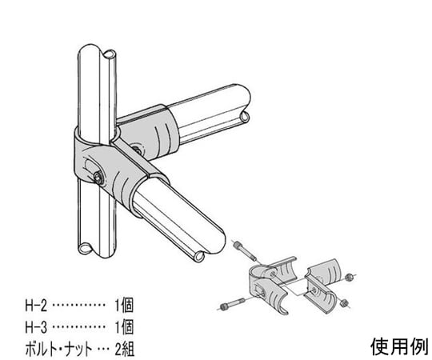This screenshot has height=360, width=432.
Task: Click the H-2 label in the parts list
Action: click(36, 306)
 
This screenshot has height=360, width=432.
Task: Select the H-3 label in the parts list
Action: click(36, 327)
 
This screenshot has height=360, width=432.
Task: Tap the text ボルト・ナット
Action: click(58, 349)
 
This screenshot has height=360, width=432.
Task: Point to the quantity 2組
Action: click(124, 349)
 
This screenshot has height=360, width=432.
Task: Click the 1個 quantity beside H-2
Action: click(124, 306)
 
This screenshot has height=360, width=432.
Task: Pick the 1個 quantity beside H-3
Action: click(124, 327)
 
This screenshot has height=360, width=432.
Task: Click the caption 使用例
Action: click(399, 346)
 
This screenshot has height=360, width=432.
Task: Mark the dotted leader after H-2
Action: click(78, 306)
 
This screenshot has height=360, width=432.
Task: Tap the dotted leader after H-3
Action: click(78, 327)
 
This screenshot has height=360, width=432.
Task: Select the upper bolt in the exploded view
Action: click(245, 251)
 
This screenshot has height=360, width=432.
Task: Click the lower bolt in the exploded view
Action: click(233, 303)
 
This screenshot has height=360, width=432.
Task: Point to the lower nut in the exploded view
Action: click(343, 303)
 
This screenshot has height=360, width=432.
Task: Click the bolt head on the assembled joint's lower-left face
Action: click(98, 178)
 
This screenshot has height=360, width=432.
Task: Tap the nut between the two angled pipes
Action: click(136, 150)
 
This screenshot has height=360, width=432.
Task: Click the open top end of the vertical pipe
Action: click(110, 54)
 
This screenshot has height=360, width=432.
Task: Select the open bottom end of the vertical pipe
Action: click(86, 249)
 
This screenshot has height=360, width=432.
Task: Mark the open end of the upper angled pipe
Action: click(245, 118)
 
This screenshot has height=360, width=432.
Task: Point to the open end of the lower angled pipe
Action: click(199, 257)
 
